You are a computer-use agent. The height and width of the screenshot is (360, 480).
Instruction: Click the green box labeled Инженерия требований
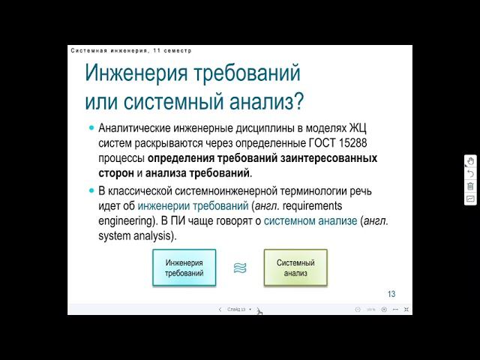184,268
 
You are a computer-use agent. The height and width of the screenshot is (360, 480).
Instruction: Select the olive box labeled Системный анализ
295,268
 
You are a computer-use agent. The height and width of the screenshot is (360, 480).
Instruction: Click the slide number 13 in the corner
391,293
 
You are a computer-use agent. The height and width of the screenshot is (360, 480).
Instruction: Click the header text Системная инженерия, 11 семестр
131,51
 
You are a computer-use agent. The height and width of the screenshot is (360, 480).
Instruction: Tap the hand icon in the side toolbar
470,161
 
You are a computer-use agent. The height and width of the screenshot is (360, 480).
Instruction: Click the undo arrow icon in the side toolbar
470,173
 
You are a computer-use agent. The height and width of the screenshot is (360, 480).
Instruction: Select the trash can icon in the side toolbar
470,186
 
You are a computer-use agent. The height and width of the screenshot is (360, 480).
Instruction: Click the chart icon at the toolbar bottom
470,199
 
